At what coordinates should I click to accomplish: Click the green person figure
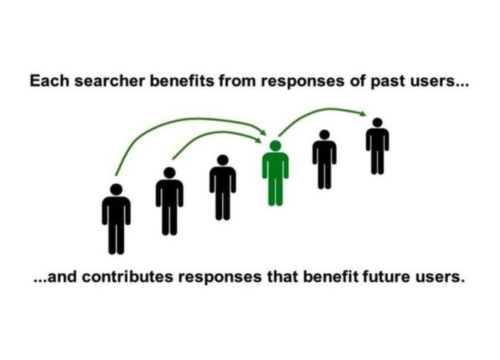click(275, 174)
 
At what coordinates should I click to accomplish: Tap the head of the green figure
click(275, 145)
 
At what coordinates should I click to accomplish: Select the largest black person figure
click(116, 219)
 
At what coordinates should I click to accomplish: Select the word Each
click(45, 80)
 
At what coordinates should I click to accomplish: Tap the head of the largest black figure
click(116, 190)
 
